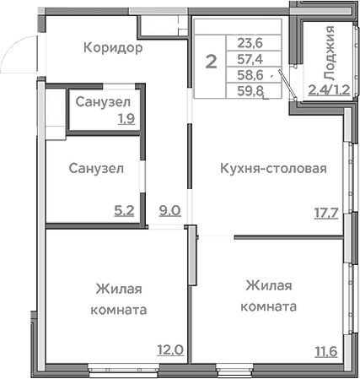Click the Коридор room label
click(113, 48)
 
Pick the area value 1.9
click(126, 119)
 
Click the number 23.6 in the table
click(249, 45)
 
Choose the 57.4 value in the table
click(249, 60)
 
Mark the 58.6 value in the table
click(249, 75)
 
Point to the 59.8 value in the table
click(249, 90)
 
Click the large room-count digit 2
click(211, 60)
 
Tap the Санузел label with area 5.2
click(96, 168)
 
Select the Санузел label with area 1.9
click(101, 102)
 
